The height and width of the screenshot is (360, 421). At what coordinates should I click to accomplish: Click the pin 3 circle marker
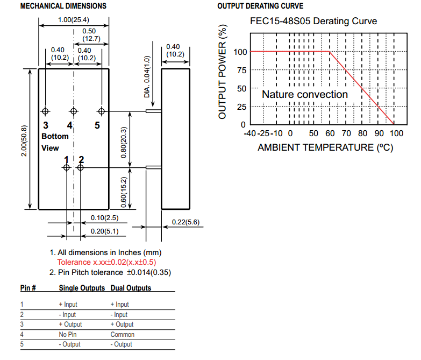click(x=46, y=111)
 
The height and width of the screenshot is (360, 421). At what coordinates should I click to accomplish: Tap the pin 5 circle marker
click(x=101, y=111)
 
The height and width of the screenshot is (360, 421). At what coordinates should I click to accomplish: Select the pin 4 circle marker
click(x=73, y=111)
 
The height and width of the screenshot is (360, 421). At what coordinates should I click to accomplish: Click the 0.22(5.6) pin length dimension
click(x=185, y=222)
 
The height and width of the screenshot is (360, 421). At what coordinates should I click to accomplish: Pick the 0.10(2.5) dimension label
click(x=104, y=217)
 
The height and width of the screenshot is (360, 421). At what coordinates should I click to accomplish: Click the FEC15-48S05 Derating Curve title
click(x=313, y=22)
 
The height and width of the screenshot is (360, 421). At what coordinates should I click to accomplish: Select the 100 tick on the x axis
click(x=396, y=133)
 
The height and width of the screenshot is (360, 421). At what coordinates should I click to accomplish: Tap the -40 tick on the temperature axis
click(x=250, y=133)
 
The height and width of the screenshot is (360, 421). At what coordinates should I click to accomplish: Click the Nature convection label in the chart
click(x=305, y=94)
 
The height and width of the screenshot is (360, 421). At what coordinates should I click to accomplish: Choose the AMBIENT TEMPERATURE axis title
click(x=325, y=147)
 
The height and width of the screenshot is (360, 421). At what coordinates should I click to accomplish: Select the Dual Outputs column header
click(x=131, y=288)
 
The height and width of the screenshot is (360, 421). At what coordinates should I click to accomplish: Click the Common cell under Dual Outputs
click(x=122, y=334)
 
